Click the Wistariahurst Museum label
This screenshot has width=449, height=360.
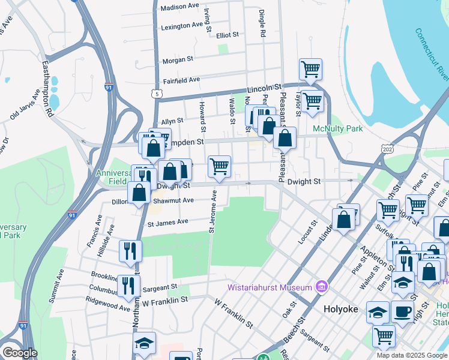click(268, 287)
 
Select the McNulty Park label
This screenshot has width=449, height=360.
click(337, 128)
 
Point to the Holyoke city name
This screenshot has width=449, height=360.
click(340, 309)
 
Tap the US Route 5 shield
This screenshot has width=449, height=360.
click(157, 94)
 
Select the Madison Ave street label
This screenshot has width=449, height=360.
click(179, 7)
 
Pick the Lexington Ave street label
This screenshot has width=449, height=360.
click(182, 26)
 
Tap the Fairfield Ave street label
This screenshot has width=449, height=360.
click(181, 80)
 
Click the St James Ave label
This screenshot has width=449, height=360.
click(168, 221)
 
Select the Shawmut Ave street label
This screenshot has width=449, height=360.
click(176, 200)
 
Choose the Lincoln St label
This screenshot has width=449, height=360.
click(265, 88)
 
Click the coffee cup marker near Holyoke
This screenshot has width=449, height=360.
click(402, 311)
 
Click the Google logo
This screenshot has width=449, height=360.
click(19, 352)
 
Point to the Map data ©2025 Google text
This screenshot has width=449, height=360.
click(411, 355)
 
